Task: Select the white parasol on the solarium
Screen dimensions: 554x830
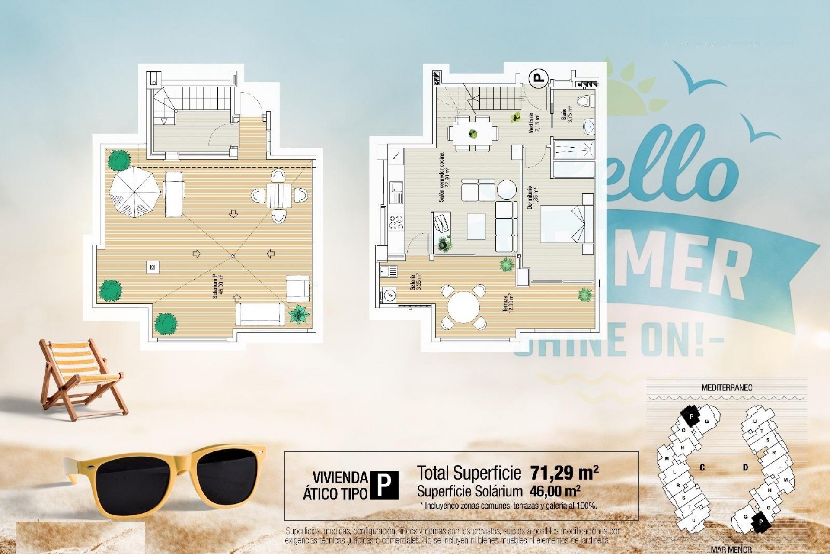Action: (x=134, y=191)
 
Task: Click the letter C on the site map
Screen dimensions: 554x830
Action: (x=702, y=467)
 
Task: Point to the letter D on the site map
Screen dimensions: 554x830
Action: (x=746, y=467)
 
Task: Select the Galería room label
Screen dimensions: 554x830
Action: (x=416, y=282)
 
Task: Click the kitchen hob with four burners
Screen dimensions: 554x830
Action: (x=396, y=223)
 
